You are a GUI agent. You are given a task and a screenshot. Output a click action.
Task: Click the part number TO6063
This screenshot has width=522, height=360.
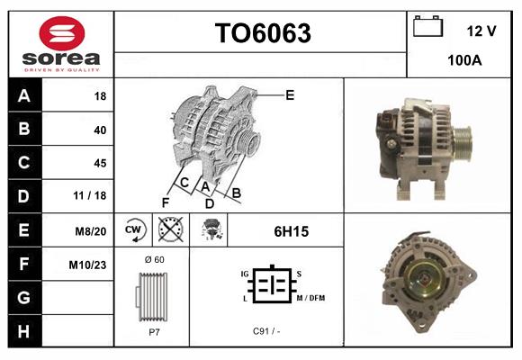(262, 33)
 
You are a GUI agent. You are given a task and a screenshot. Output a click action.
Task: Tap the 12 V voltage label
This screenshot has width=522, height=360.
(481, 31)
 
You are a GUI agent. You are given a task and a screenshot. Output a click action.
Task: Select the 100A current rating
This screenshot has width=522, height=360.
(464, 60)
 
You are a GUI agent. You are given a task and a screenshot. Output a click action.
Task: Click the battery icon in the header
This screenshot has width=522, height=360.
(427, 28)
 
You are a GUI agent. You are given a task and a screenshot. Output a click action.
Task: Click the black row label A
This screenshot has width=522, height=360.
(24, 95)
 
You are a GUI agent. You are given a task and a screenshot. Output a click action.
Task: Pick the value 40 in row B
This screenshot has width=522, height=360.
(99, 130)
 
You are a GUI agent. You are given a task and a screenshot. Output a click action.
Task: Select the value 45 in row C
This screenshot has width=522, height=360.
(99, 163)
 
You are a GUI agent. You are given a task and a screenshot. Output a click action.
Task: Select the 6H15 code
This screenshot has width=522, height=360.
(291, 231)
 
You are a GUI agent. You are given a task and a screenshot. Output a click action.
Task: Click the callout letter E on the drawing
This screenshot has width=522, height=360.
(290, 94)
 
